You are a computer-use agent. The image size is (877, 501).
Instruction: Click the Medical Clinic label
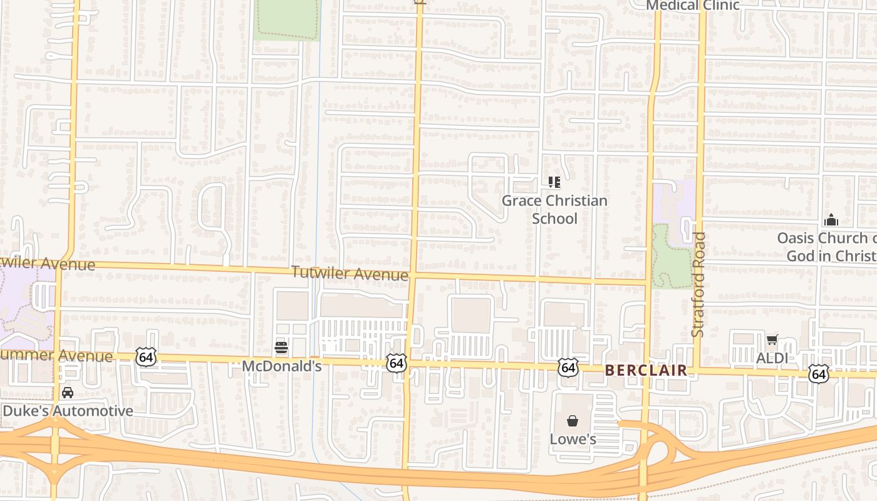[x=692, y=6]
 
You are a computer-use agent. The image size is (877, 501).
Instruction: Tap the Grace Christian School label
[x=554, y=209]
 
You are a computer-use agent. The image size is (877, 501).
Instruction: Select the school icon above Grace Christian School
[x=554, y=182]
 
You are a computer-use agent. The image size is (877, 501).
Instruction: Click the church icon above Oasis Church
[x=831, y=220]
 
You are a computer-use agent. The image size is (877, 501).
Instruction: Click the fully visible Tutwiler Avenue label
[x=350, y=273]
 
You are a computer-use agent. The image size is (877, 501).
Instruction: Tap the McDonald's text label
[x=282, y=366]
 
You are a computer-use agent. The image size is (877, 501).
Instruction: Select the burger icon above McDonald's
[x=281, y=347]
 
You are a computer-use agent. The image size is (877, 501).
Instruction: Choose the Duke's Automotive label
[x=68, y=411]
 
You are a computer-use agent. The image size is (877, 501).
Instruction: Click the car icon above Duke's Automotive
[x=67, y=393]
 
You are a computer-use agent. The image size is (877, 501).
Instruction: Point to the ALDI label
[x=772, y=358]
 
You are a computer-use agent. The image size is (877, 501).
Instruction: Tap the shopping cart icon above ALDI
[x=772, y=340]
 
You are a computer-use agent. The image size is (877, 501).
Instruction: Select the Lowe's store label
[x=573, y=439]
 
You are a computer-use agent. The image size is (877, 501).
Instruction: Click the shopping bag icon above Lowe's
[x=572, y=420]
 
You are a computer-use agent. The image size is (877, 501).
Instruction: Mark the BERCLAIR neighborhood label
[x=646, y=370]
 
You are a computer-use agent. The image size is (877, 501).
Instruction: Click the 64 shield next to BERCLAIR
[x=568, y=368]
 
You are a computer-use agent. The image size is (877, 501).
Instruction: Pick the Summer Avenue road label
[x=56, y=356]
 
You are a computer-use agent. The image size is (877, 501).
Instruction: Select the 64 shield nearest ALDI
[x=817, y=374]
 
